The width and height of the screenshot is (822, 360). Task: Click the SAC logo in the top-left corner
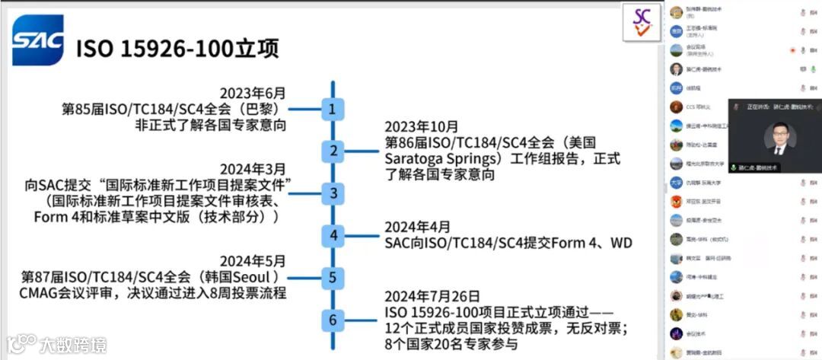37,40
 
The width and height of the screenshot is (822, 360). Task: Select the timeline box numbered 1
333,110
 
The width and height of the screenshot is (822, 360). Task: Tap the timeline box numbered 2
333,151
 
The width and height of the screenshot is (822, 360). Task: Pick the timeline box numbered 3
333,193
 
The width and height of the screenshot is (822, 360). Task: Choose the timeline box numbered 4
333,235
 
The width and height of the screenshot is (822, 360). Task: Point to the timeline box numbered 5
333,278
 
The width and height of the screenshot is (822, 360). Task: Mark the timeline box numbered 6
333,320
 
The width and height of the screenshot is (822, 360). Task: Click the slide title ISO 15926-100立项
177,49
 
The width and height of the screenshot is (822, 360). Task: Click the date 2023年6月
253,94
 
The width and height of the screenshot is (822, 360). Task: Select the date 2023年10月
422,127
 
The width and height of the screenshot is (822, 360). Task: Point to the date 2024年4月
417,227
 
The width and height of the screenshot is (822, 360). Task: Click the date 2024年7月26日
432,296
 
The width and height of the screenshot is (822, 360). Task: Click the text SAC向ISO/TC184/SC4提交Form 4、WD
508,243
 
